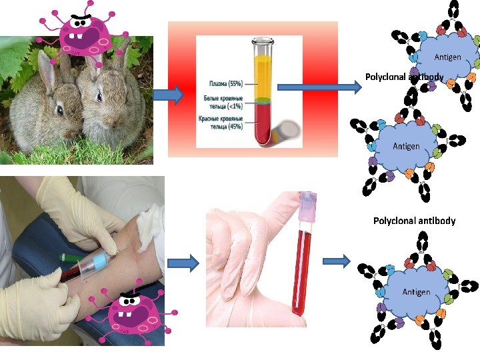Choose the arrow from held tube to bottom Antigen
click(337, 261)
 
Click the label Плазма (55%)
click(225, 84)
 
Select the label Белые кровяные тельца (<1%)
click(223, 102)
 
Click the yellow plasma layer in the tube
click(263, 77)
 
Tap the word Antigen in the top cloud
click(448, 57)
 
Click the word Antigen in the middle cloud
click(406, 145)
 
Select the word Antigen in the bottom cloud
click(416, 292)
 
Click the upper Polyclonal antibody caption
click(404, 77)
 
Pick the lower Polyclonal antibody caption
click(414, 220)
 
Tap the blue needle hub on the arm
click(102, 259)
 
